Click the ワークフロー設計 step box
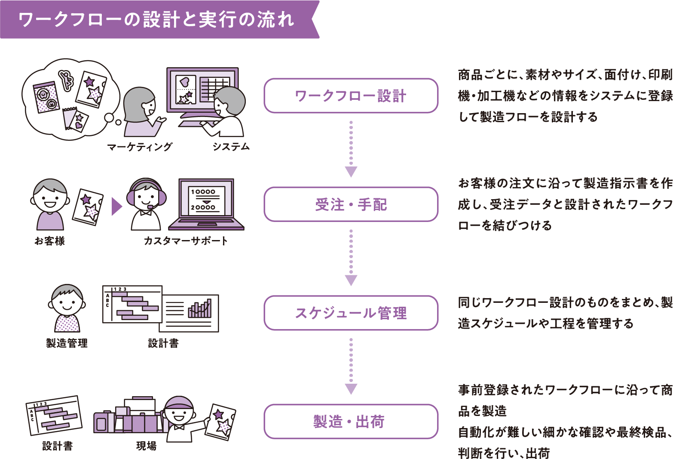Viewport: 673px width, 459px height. (351, 95)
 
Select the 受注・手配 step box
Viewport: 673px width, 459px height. (351, 204)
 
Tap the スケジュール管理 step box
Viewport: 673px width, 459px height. (351, 313)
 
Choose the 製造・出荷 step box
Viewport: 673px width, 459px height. (351, 422)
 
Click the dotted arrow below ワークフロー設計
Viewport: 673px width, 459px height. (351, 149)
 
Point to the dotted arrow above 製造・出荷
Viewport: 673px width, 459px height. (351, 366)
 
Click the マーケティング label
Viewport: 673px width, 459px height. (140, 147)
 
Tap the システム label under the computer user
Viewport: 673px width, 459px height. (231, 147)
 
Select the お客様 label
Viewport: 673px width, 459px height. (50, 240)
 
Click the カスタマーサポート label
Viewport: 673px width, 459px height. (186, 240)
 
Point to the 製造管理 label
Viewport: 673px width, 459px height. (67, 343)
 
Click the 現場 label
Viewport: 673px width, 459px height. (146, 446)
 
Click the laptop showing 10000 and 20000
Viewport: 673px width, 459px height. (206, 204)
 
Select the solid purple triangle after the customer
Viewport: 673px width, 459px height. (116, 206)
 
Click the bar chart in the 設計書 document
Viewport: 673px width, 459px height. (200, 308)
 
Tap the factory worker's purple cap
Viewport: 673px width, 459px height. (179, 403)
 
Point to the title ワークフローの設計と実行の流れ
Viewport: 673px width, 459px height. (156, 20)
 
